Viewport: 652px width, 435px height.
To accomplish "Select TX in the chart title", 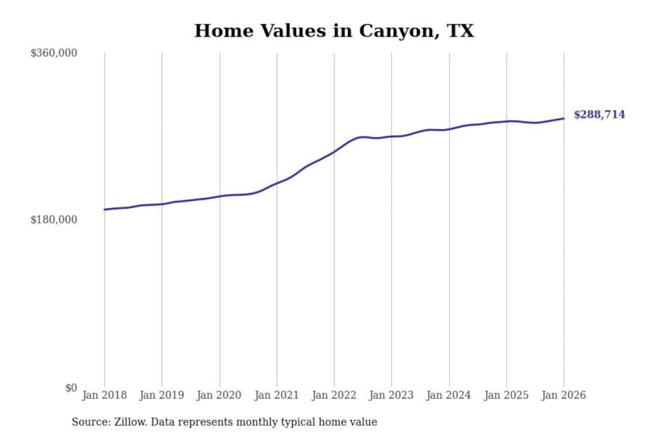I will (x=460, y=31).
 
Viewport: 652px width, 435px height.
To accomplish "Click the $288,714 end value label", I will (x=599, y=115).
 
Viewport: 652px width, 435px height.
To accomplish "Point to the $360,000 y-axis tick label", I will (x=54, y=53).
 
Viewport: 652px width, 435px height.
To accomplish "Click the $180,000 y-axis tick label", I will (x=54, y=220).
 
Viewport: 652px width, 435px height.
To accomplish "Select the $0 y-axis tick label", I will (x=71, y=388).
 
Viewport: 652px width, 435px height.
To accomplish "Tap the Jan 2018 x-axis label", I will (x=104, y=395).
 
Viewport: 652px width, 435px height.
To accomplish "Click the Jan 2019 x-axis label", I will (x=162, y=395).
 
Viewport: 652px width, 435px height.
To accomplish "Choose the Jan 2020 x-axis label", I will (x=219, y=395).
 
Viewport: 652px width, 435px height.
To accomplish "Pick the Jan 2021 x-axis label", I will (x=277, y=395).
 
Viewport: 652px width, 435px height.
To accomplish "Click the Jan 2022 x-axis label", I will (x=334, y=395).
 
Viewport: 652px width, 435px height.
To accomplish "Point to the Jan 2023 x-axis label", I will (x=392, y=395).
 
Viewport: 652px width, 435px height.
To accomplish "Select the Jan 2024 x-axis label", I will (x=449, y=395).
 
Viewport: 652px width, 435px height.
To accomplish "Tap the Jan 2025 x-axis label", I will (x=506, y=395).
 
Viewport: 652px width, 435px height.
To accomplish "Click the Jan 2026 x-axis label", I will (x=564, y=395).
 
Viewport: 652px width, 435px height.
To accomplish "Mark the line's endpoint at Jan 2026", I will (x=564, y=119).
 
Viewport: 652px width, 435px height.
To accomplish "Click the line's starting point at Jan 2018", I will (x=105, y=209).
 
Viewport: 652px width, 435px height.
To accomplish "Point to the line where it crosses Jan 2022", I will (x=334, y=152).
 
